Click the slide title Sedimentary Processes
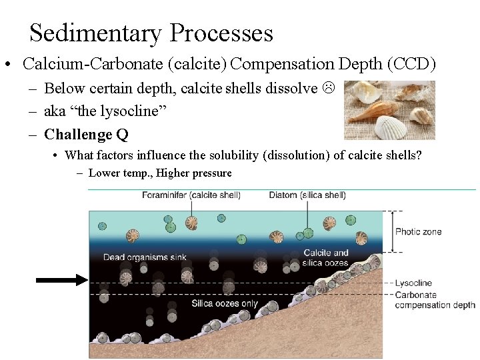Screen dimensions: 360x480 coord(151,33)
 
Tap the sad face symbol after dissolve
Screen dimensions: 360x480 coord(328,88)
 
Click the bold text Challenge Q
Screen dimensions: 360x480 coord(86,135)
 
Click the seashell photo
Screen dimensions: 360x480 coord(389,110)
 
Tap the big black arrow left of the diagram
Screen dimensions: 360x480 coord(61,281)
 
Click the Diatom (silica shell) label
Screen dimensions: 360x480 coord(307,195)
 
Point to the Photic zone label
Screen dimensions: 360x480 coord(418,232)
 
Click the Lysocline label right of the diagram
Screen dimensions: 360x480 coord(413,283)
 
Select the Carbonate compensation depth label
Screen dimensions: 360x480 coord(435,300)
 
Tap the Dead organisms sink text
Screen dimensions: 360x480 coord(145,257)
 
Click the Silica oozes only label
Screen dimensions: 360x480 coord(224,304)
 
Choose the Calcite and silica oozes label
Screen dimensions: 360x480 coord(326,258)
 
